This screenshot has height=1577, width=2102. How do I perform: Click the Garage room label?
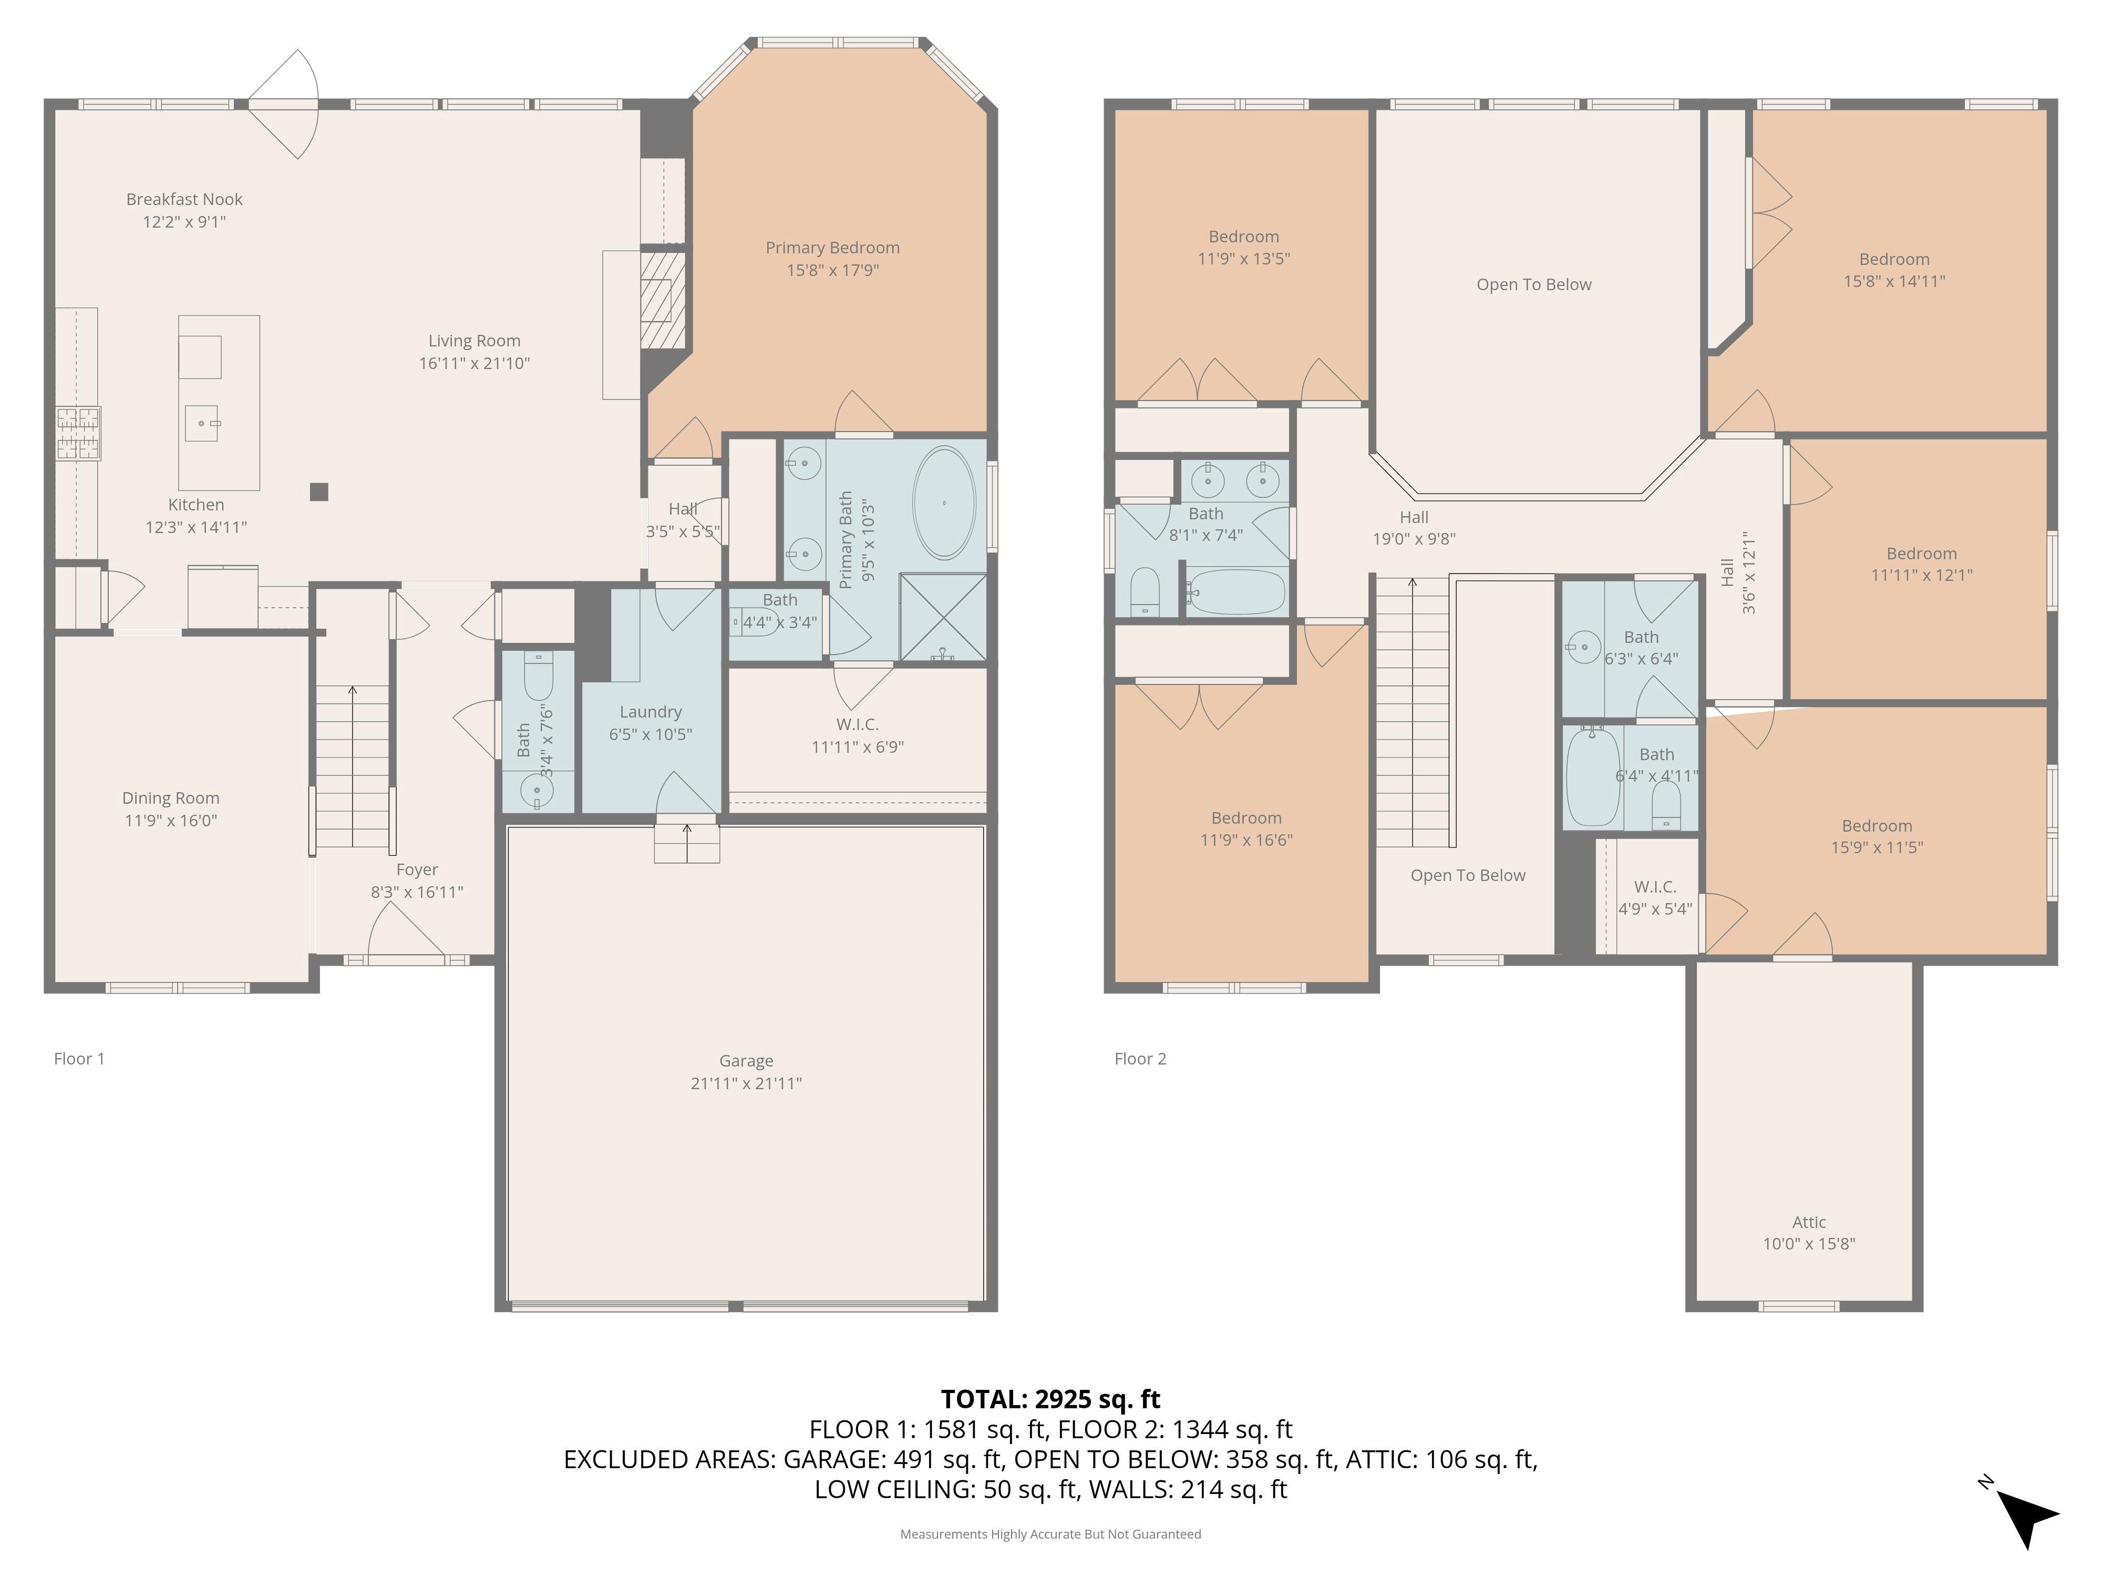[x=746, y=1061]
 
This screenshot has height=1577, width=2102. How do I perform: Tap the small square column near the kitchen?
[x=320, y=491]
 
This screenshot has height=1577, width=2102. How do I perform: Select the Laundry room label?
[x=651, y=712]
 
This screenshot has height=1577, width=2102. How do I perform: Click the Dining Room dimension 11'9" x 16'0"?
[x=171, y=821]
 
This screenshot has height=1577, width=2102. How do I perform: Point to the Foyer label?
[x=417, y=870]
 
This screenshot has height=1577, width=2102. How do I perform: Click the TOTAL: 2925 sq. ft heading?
[x=1051, y=1399]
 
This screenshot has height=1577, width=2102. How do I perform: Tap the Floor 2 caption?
[x=1140, y=1059]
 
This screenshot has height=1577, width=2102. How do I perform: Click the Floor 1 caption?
[x=80, y=1059]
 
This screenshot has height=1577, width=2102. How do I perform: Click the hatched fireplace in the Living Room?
[x=662, y=300]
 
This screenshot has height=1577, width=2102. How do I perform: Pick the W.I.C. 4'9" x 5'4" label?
[x=1655, y=897]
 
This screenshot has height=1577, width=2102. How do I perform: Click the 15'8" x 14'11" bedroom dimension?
[x=1895, y=281]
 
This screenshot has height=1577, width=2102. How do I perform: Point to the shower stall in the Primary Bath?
[x=943, y=617]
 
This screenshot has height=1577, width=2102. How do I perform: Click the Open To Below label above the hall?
[x=1534, y=284]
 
